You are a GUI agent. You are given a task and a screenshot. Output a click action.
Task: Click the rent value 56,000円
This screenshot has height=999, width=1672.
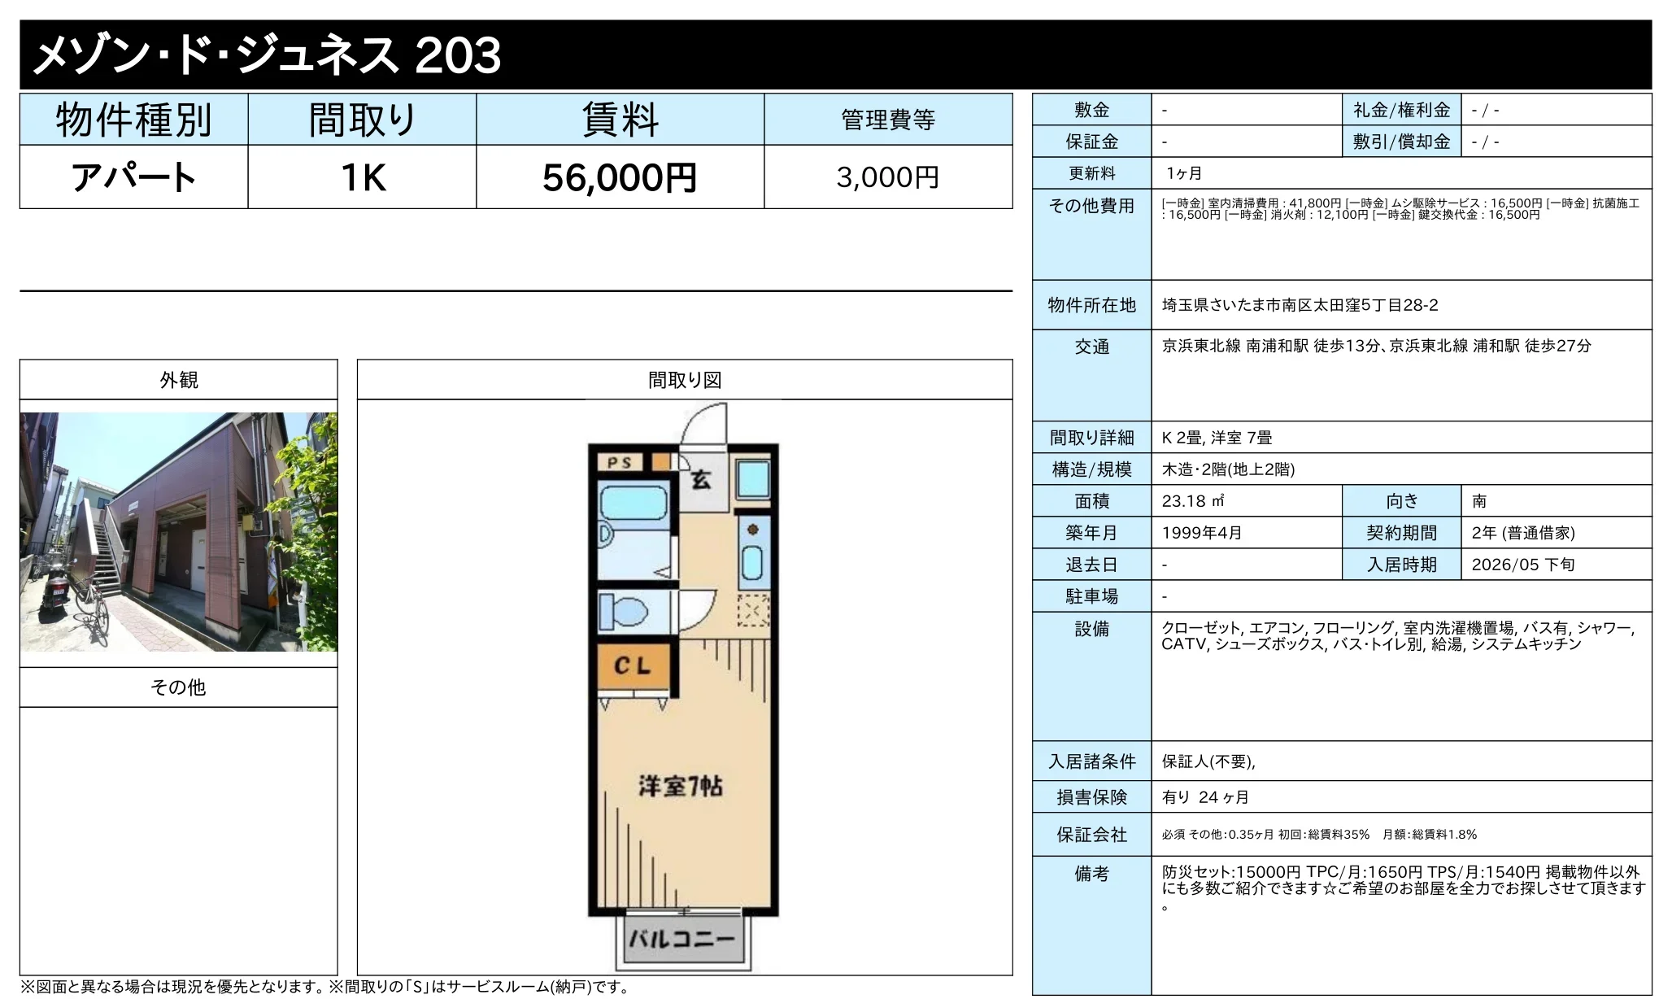point(620,177)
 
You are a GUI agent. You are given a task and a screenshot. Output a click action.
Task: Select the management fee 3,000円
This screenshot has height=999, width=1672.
point(888,177)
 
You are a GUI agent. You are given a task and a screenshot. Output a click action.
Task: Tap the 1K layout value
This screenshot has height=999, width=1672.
point(363,177)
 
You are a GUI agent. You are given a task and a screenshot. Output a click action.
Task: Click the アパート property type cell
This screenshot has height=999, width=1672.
point(134,177)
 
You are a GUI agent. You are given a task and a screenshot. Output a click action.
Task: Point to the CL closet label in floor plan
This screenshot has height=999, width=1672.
point(633,666)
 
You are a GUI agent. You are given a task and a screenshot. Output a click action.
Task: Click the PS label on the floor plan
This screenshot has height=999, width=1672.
point(620,463)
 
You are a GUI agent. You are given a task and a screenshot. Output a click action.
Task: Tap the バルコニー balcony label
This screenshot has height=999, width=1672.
point(681,940)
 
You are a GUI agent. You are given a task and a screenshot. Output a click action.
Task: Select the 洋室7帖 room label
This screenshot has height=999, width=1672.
point(680,787)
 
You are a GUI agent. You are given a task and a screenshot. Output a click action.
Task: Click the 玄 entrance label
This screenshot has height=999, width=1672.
point(700,480)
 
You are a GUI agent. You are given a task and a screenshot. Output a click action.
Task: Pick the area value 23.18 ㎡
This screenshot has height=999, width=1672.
point(1193,501)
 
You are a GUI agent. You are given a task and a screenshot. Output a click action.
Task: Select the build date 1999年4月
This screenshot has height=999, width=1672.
point(1202,533)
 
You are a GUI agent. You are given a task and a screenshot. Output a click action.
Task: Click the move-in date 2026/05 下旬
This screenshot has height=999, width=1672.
point(1523,565)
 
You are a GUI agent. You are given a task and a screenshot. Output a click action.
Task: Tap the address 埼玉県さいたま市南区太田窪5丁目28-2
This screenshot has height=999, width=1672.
point(1300,305)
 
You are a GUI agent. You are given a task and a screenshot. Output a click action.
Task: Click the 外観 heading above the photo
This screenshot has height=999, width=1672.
point(179,380)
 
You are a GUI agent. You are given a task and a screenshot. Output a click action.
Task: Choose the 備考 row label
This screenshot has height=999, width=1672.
point(1091,874)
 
